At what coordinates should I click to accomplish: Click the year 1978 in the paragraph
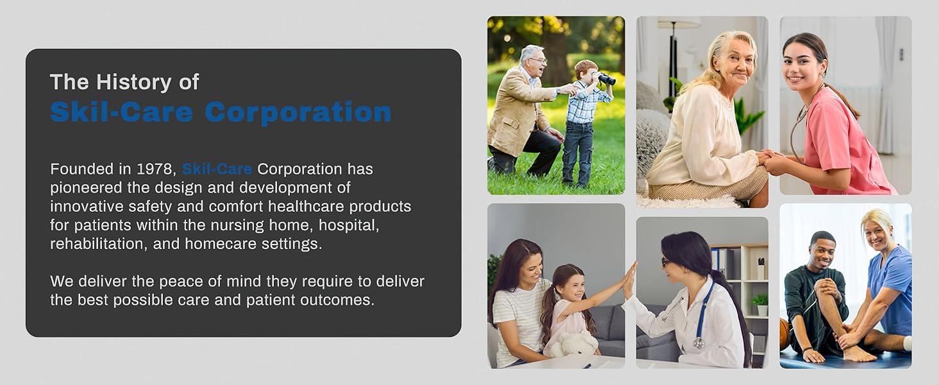click(x=155, y=169)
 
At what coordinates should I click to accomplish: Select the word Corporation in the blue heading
click(x=298, y=112)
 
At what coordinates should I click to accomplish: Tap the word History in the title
click(x=135, y=82)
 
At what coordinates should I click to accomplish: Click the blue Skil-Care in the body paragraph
click(x=217, y=169)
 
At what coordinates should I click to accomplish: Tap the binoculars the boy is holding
click(x=605, y=78)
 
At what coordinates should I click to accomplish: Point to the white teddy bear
click(x=575, y=345)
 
